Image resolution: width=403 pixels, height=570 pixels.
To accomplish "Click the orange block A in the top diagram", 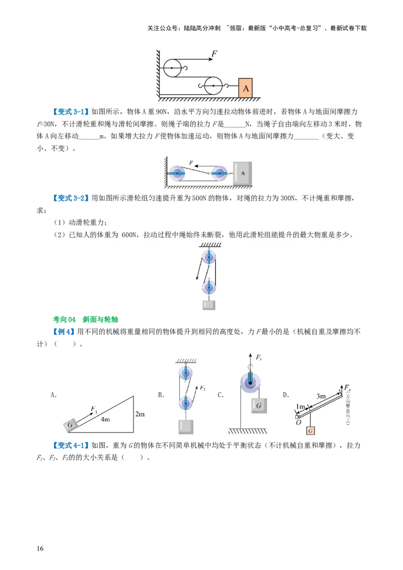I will [245, 88].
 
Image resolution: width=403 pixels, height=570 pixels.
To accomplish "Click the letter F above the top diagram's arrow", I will [214, 53].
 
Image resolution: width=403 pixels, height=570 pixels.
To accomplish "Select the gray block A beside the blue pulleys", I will [242, 173].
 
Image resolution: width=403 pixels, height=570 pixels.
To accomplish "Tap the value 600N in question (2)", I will [129, 235].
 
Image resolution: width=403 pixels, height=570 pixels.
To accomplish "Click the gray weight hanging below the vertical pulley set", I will [209, 305].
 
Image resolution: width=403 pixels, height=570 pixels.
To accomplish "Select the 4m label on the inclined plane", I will [105, 418].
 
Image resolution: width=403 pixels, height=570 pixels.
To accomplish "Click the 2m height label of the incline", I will [140, 414].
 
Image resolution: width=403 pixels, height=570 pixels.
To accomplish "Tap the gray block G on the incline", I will [71, 425].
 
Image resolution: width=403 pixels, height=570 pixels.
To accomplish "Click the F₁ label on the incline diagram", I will [94, 409].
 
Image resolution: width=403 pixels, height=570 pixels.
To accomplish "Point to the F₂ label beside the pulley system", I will [202, 388].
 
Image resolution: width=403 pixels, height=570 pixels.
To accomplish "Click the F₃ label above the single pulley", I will [258, 358].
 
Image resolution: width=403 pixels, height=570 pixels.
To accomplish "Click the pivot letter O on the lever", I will [299, 423].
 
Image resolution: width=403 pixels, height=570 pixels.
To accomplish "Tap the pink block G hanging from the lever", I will [311, 431].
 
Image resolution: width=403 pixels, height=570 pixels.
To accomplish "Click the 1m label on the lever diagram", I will [301, 406].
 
